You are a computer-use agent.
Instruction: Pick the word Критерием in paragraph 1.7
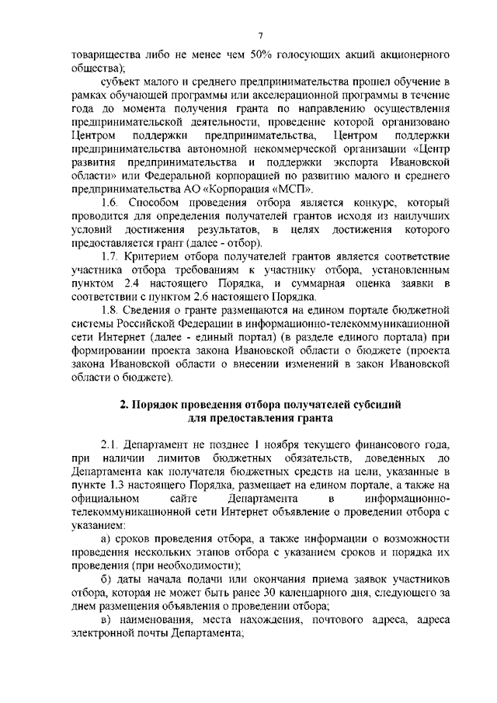pyautogui.click(x=154, y=256)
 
